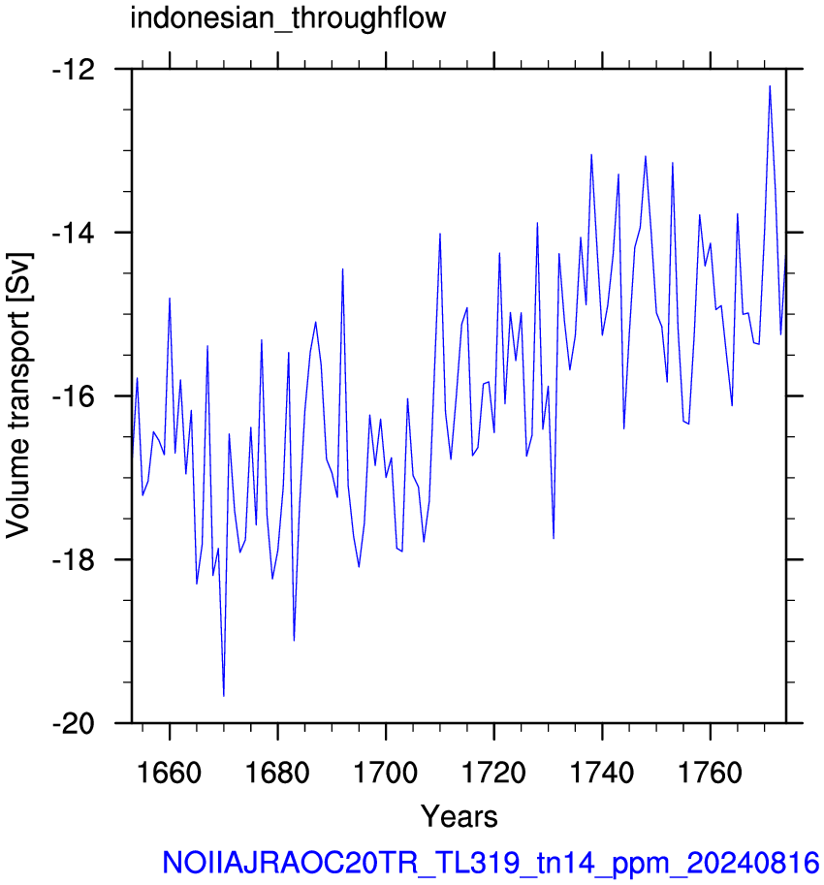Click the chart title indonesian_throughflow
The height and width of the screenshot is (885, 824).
288,18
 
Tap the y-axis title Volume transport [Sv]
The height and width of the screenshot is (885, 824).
18,395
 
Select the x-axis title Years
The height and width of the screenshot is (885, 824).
459,816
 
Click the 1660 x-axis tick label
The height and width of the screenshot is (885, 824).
170,773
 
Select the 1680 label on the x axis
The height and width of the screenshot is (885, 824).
277,773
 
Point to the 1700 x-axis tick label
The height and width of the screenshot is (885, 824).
386,773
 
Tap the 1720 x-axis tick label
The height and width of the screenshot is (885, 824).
494,773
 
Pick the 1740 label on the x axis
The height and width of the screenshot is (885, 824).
603,773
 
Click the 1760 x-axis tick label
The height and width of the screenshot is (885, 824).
711,773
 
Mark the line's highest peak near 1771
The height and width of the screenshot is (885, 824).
770,86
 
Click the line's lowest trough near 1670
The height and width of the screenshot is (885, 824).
224,696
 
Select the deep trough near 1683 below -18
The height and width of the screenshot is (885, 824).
294,640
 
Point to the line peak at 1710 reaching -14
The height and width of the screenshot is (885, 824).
440,234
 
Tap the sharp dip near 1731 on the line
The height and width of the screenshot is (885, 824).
554,538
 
